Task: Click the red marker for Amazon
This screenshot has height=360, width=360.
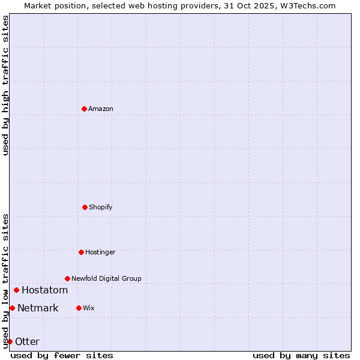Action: pyautogui.click(x=84, y=109)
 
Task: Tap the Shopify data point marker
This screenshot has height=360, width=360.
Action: pyautogui.click(x=85, y=207)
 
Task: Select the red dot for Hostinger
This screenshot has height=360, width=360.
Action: pyautogui.click(x=81, y=252)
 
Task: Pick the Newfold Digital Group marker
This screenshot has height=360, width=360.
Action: pyautogui.click(x=67, y=278)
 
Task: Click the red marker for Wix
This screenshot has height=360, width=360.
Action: pyautogui.click(x=79, y=308)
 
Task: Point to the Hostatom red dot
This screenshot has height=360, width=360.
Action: pyautogui.click(x=16, y=290)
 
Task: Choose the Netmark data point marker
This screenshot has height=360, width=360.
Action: pyautogui.click(x=12, y=308)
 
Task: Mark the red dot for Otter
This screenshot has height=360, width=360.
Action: pyautogui.click(x=10, y=341)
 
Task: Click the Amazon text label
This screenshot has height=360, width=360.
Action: pyautogui.click(x=101, y=109)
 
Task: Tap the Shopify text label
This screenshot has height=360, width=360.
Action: pyautogui.click(x=101, y=207)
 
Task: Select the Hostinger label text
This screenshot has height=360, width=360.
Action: pyautogui.click(x=100, y=252)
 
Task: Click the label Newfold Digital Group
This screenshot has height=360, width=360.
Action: pyautogui.click(x=106, y=278)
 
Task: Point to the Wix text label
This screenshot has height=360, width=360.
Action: pyautogui.click(x=89, y=308)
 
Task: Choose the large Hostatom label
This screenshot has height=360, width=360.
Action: pyautogui.click(x=44, y=290)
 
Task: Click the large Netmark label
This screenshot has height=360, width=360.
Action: pyautogui.click(x=38, y=308)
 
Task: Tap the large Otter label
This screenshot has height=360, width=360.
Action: pyautogui.click(x=27, y=342)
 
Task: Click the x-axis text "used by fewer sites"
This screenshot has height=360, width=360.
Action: pyautogui.click(x=62, y=355)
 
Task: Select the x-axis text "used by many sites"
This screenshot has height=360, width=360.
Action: pyautogui.click(x=301, y=355)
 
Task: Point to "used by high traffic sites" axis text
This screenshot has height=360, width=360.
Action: pyautogui.click(x=5, y=85)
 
